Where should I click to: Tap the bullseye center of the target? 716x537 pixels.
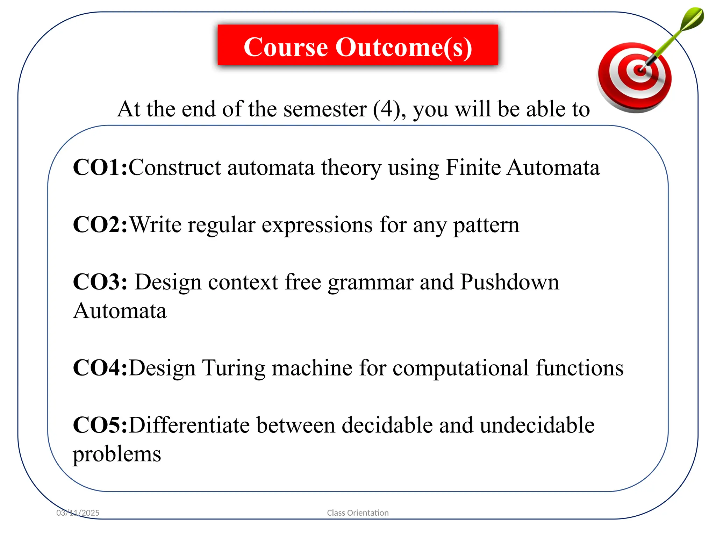point(640,70)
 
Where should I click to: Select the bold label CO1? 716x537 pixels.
point(100,167)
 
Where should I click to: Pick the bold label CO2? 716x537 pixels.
point(100,224)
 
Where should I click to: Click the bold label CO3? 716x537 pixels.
point(100,282)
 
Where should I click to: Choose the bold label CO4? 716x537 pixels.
point(100,368)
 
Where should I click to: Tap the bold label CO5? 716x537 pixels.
point(100,425)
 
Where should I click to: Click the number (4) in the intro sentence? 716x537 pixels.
point(386,109)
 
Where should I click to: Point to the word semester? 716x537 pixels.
point(325,109)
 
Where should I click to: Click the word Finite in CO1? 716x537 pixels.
point(473,167)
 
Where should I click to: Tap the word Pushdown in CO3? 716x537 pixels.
point(509,282)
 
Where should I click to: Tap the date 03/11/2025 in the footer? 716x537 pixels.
point(78,513)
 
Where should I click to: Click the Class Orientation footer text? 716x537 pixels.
point(358,513)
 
